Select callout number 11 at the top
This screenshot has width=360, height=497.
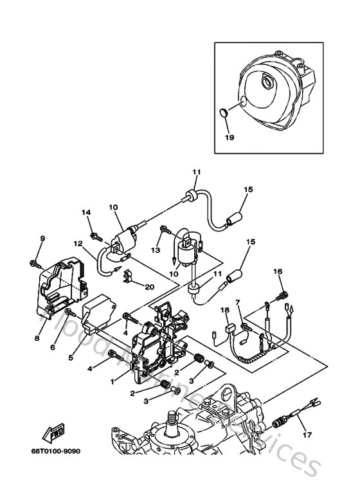(196, 172)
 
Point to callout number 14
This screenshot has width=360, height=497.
(87, 213)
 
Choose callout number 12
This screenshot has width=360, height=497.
(76, 244)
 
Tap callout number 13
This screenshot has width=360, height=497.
(156, 249)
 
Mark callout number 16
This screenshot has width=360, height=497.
(278, 272)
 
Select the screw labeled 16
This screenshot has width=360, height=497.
(281, 295)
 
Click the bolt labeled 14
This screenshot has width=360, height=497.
(96, 237)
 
